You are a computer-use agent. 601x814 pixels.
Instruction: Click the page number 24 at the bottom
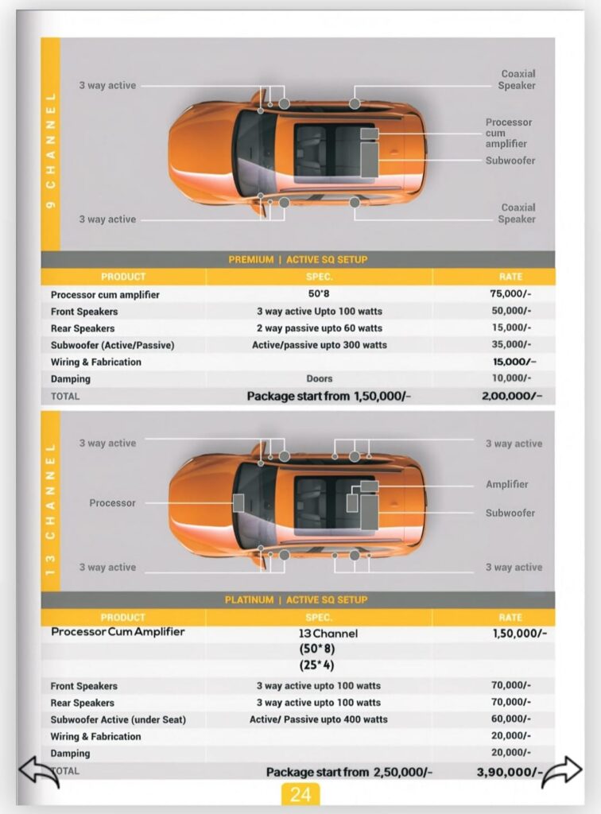tap(300, 794)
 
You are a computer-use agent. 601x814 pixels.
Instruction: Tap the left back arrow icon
tap(39, 772)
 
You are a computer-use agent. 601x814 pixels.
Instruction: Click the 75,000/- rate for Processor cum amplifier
tap(510, 294)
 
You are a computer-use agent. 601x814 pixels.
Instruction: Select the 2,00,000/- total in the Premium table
tap(511, 396)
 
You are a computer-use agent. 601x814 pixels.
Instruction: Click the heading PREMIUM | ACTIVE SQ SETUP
tap(298, 260)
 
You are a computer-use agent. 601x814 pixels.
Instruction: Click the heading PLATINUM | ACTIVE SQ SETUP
tap(298, 600)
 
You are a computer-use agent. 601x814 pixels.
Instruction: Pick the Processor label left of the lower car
tap(112, 503)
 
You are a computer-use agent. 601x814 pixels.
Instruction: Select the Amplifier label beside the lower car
tap(506, 484)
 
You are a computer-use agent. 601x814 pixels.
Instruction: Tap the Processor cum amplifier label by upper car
tap(509, 133)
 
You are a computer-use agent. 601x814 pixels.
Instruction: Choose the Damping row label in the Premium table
tap(71, 379)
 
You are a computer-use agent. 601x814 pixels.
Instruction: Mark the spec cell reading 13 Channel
tap(328, 634)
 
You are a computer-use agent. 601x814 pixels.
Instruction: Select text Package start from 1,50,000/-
tap(328, 396)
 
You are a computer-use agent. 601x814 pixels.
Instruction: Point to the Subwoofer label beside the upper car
tap(510, 161)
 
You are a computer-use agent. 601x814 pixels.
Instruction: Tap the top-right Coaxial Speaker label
tap(517, 79)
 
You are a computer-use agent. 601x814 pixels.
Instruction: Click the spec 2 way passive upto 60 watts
tap(319, 328)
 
